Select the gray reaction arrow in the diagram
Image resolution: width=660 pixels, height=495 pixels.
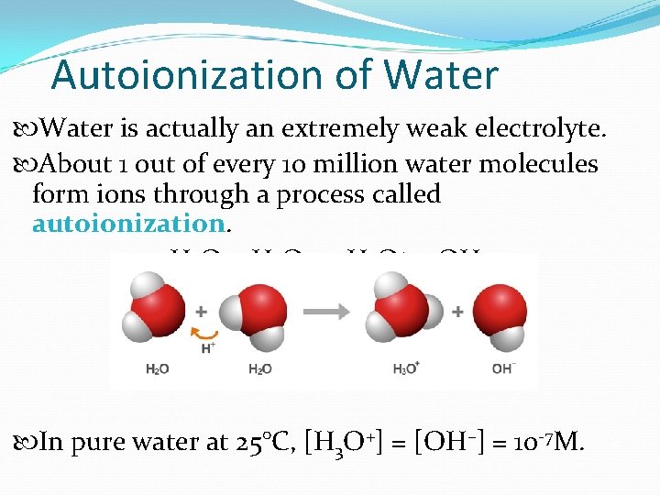[x=326, y=312]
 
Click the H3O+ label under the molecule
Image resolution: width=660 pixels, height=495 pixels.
[x=405, y=369]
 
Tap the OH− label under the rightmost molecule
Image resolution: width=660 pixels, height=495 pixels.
[x=503, y=369]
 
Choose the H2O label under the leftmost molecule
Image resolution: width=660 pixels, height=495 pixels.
[x=157, y=369]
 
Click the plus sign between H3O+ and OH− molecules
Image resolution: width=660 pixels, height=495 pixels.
[x=456, y=313]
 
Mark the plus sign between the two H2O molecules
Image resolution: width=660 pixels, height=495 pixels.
[x=202, y=312]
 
